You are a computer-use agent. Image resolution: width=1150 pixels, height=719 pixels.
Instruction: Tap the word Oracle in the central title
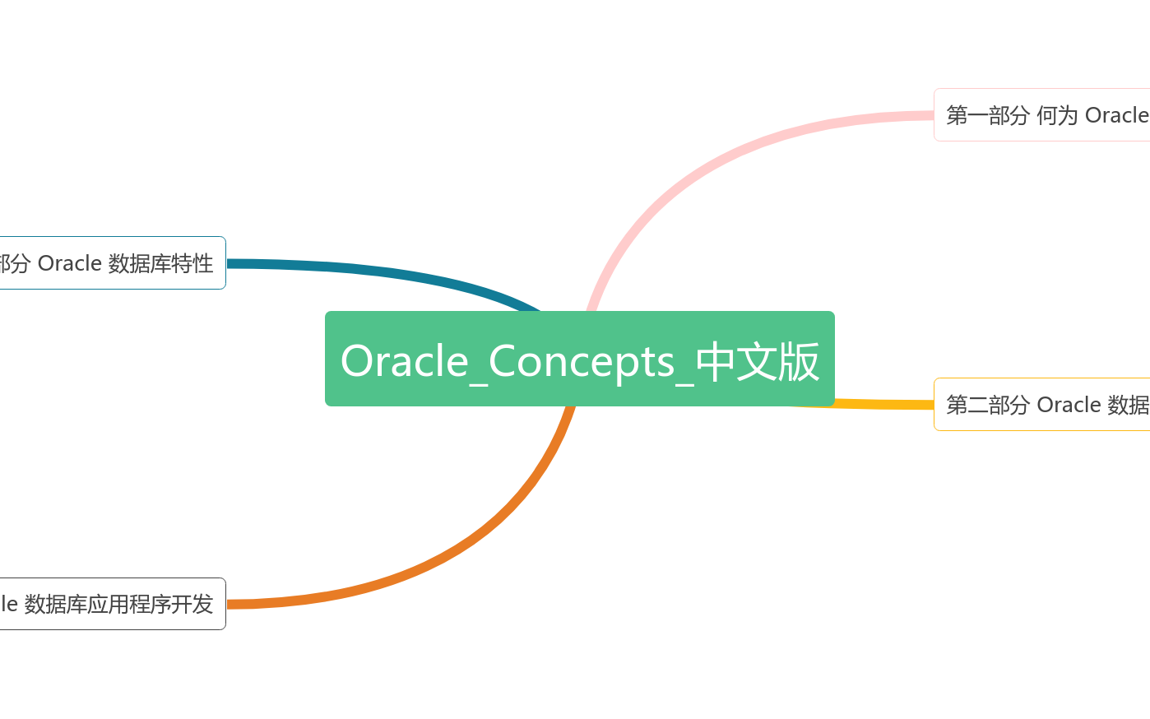coord(404,361)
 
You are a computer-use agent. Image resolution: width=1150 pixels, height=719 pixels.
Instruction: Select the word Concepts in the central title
coord(582,361)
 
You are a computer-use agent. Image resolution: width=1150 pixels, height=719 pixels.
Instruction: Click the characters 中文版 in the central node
coord(757,361)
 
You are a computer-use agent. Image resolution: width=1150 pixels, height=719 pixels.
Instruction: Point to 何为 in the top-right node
coord(1057,115)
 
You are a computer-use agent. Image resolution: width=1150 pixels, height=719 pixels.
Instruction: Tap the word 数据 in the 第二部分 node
coord(1129,405)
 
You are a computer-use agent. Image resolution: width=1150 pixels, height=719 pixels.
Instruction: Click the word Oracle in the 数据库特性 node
coord(70,263)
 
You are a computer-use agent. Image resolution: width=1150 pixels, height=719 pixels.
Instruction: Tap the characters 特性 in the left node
coord(192,263)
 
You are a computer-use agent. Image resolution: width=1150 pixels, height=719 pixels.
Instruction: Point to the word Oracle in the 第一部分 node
coord(1116,115)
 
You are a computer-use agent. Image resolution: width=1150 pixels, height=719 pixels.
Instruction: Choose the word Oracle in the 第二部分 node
coord(1069,405)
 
